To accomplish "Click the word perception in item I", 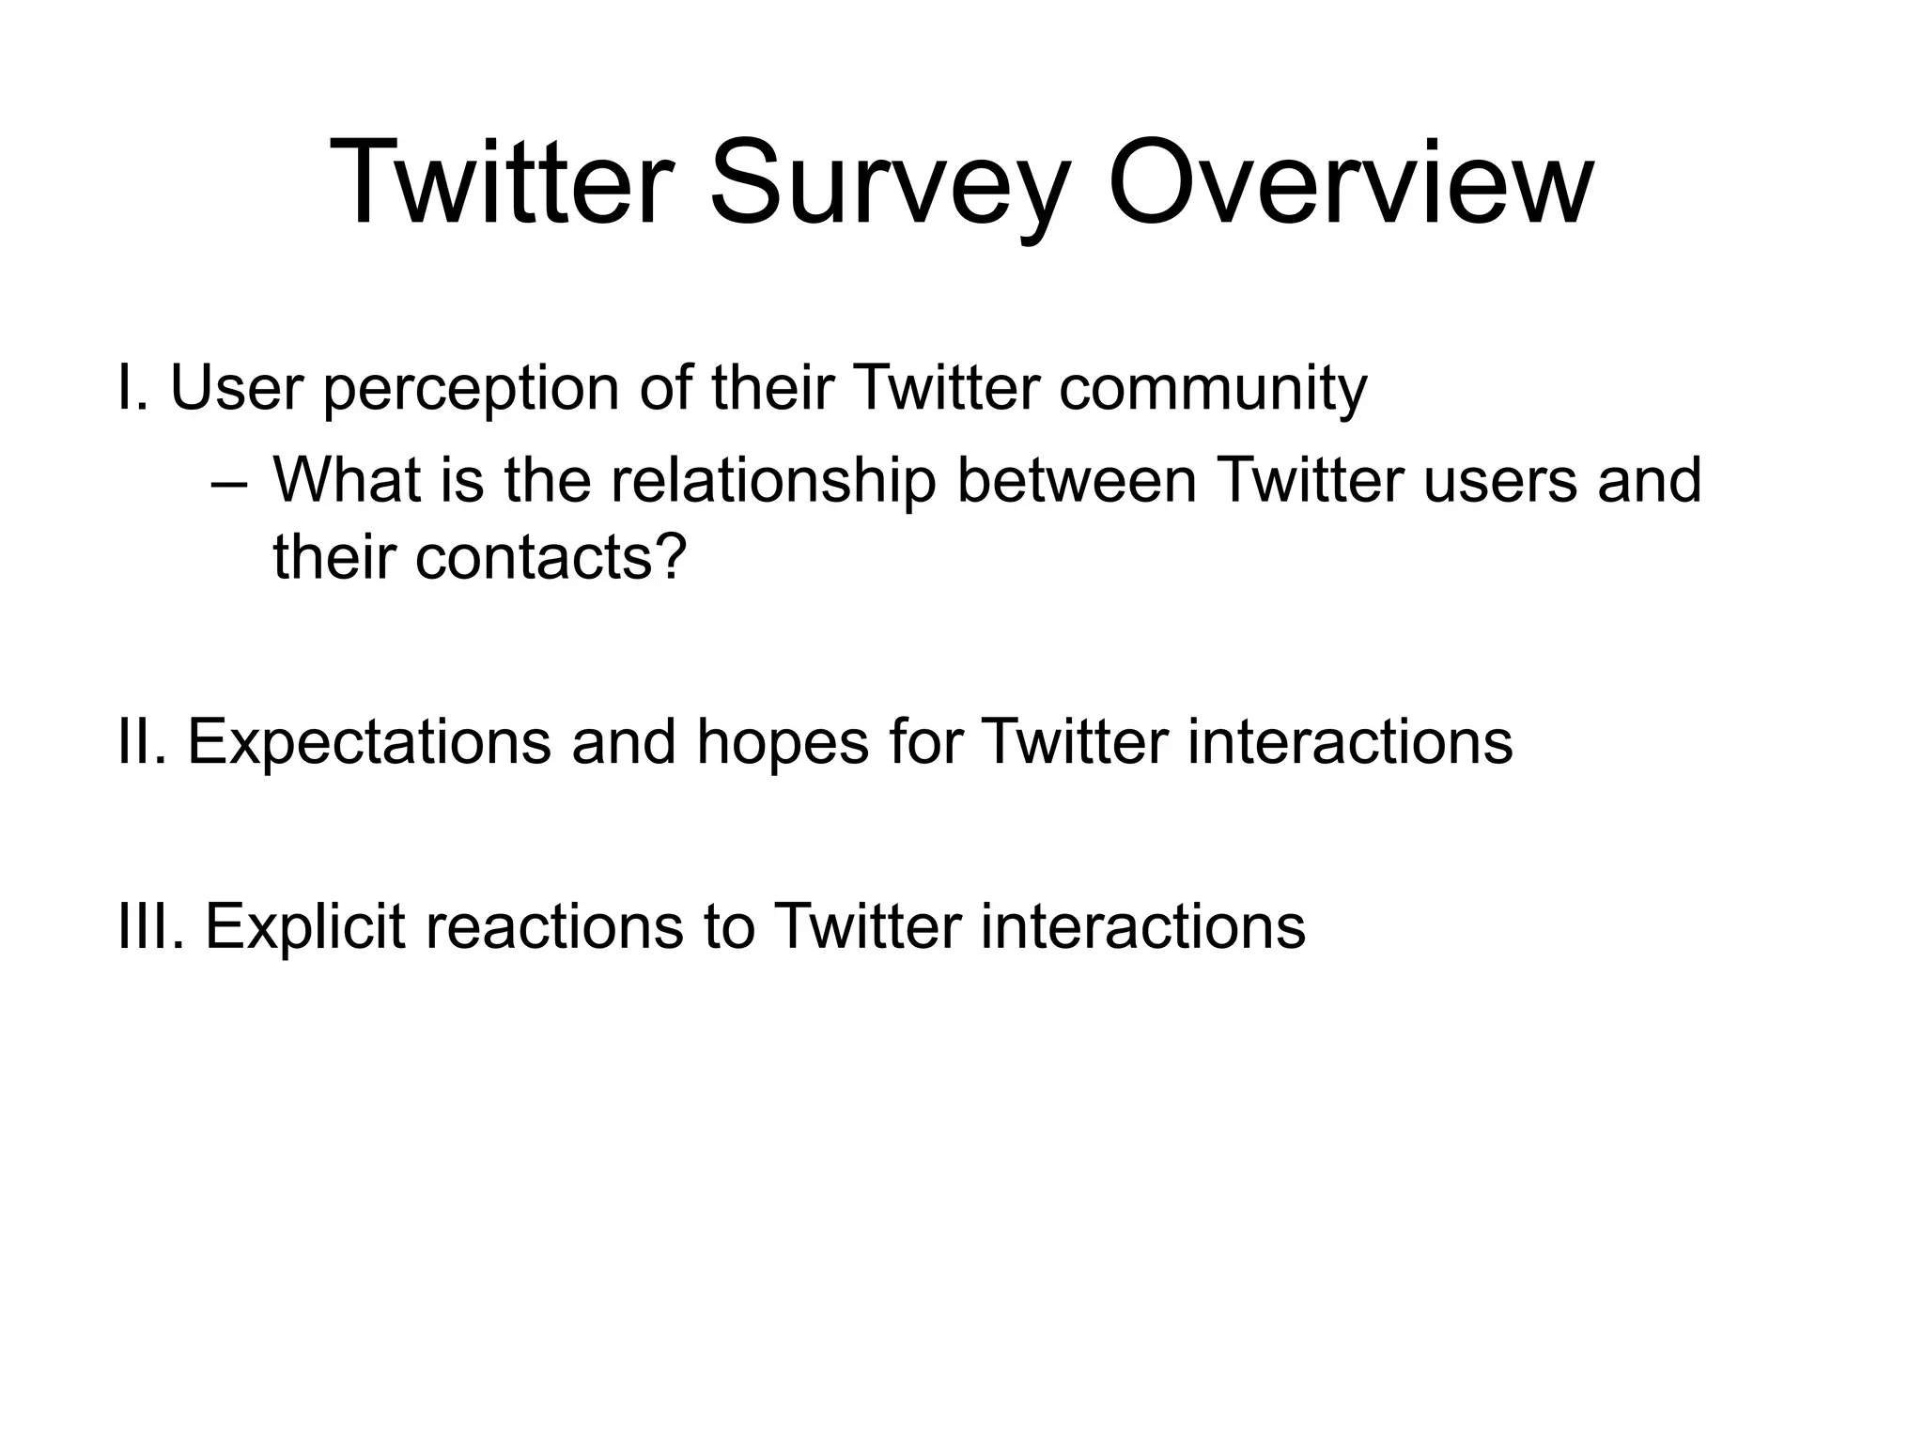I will click(471, 390).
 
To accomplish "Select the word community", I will click(1212, 390).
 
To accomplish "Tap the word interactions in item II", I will click(1349, 741).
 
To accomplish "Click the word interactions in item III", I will click(1142, 926).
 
